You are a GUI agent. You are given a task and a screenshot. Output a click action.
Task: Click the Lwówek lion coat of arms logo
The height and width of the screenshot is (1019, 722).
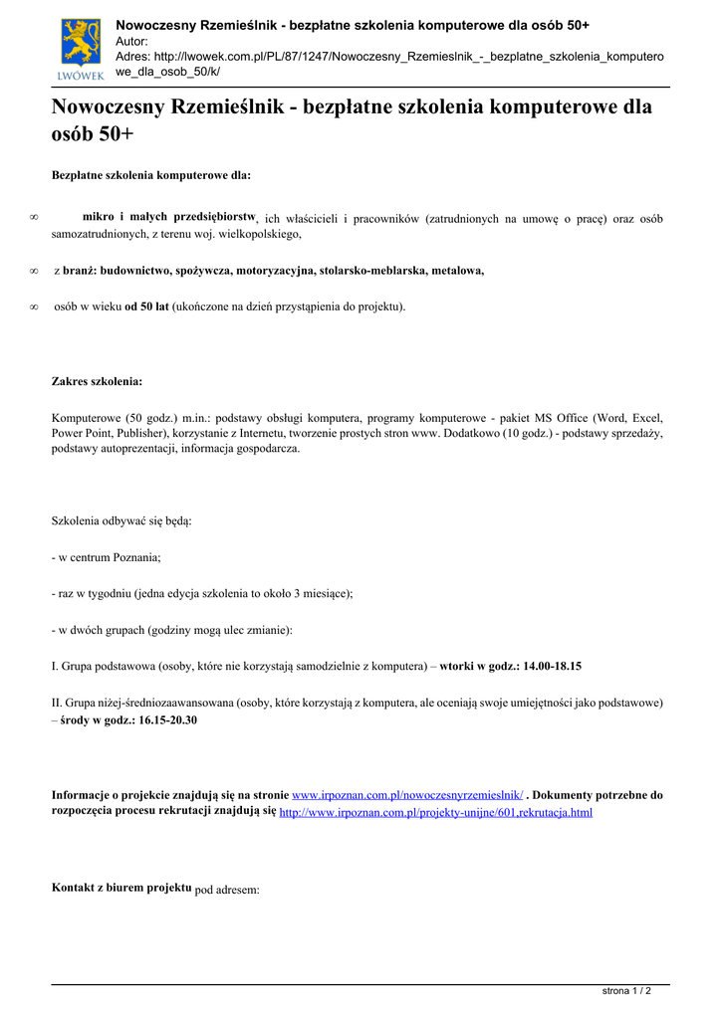[x=82, y=48]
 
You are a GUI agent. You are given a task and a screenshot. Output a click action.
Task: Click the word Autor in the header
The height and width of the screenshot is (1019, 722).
[x=131, y=42]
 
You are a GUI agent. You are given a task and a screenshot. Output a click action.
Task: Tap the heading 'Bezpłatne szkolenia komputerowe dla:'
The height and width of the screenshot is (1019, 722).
[x=151, y=175]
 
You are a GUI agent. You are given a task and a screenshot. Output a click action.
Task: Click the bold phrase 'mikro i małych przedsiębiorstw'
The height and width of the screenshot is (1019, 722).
[x=169, y=216]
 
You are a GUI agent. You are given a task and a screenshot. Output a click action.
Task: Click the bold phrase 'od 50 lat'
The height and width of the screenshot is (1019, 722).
[x=146, y=306]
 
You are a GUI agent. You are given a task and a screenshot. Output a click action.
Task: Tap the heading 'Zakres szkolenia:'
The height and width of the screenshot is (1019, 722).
[x=97, y=381]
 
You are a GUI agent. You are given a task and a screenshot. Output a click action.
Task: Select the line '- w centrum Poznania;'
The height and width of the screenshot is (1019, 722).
[x=106, y=557]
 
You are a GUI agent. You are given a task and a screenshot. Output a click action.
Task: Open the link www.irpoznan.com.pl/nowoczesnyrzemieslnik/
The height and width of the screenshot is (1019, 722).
[x=406, y=796]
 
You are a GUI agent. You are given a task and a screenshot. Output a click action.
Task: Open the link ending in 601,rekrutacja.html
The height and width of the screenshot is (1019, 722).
[x=435, y=813]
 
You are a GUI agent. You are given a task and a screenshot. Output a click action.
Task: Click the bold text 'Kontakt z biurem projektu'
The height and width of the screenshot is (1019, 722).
[x=120, y=887]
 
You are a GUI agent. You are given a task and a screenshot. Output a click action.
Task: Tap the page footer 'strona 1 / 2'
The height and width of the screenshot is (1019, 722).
[x=626, y=991]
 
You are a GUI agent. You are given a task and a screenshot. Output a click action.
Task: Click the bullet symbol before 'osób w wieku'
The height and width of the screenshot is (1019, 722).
[x=34, y=307]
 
